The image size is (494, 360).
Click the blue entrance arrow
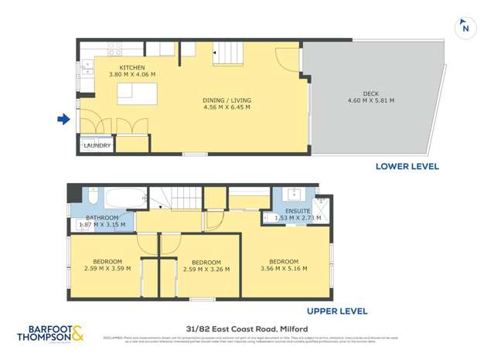tap(64, 119)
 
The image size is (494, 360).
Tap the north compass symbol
tap(465, 28)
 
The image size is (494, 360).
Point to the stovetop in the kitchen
tap(114, 49)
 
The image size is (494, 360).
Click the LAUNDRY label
tap(97, 145)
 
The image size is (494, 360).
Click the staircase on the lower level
tap(230, 53)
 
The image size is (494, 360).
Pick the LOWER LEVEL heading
tap(407, 166)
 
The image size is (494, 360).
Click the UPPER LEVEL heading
tap(337, 311)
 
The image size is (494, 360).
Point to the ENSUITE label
tap(297, 210)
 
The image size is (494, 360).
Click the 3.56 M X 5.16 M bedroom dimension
tap(284, 269)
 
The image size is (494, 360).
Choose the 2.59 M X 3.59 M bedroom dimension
tap(107, 269)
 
